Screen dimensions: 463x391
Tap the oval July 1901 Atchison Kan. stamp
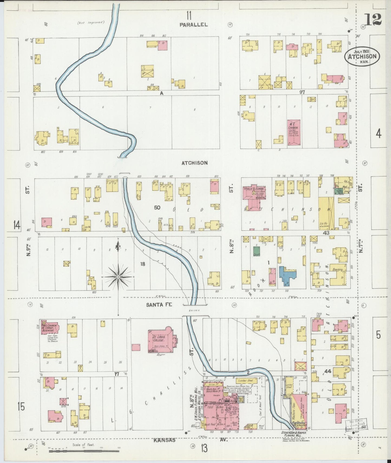click(362, 56)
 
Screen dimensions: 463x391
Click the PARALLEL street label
click(194, 25)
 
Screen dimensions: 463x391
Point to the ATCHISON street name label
click(194, 163)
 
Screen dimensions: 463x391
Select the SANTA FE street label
click(159, 304)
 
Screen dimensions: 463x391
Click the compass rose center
click(118, 277)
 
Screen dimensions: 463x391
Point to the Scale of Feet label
click(83, 445)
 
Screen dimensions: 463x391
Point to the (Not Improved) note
click(91, 23)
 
